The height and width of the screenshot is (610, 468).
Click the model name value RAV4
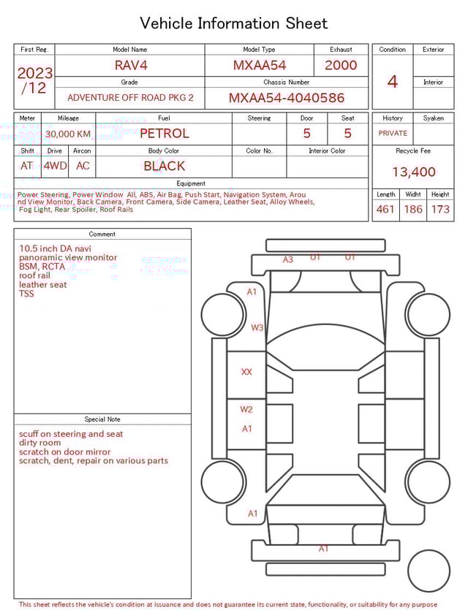pyautogui.click(x=131, y=65)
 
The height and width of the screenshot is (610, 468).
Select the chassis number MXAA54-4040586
pyautogui.click(x=286, y=98)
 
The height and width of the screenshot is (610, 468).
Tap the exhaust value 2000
pyautogui.click(x=341, y=65)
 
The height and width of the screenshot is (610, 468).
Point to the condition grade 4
pyautogui.click(x=392, y=81)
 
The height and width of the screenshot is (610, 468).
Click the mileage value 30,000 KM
pyautogui.click(x=68, y=134)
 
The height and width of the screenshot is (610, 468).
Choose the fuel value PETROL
pyautogui.click(x=164, y=134)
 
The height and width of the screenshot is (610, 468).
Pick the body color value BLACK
pyautogui.click(x=164, y=166)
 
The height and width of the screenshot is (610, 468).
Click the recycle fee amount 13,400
pyautogui.click(x=413, y=172)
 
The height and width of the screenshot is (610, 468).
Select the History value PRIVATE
pyautogui.click(x=393, y=133)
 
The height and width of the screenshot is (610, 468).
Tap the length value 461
pyautogui.click(x=385, y=210)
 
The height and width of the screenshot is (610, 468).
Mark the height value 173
pyautogui.click(x=440, y=210)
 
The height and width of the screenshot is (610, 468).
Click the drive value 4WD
pyautogui.click(x=55, y=166)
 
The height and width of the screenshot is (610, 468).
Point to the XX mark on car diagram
pyautogui.click(x=246, y=372)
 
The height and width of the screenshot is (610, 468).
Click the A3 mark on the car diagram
pyautogui.click(x=288, y=259)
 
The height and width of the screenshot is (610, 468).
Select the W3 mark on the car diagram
pyautogui.click(x=257, y=328)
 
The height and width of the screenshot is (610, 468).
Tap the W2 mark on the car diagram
pyautogui.click(x=246, y=409)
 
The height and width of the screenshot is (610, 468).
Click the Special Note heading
pyautogui.click(x=102, y=419)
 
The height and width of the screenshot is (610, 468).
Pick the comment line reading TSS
pyautogui.click(x=26, y=294)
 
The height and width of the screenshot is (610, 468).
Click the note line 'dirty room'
pyautogui.click(x=40, y=443)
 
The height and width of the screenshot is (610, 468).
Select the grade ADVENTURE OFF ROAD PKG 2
pyautogui.click(x=130, y=97)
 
